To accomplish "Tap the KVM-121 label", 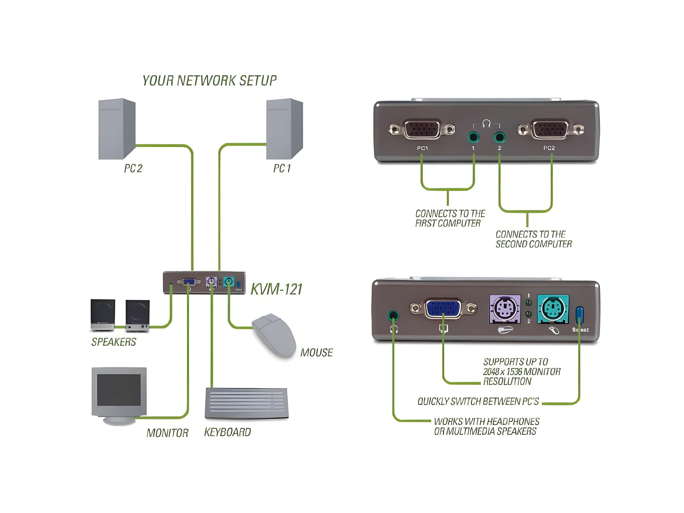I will tap(276, 289).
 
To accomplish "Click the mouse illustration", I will tap(274, 336).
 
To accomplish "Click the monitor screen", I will tap(119, 390).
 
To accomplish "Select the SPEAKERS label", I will tap(114, 342).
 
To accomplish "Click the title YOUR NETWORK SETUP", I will tap(209, 80).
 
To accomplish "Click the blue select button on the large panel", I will tap(579, 315).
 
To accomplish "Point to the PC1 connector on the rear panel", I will tap(422, 129).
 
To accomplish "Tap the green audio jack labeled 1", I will tap(473, 137).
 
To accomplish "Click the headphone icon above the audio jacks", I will tap(486, 123).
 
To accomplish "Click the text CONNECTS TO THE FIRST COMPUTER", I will tap(450, 218).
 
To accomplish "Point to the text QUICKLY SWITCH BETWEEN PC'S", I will tap(478, 401).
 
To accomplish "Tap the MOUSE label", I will tap(316, 353).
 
